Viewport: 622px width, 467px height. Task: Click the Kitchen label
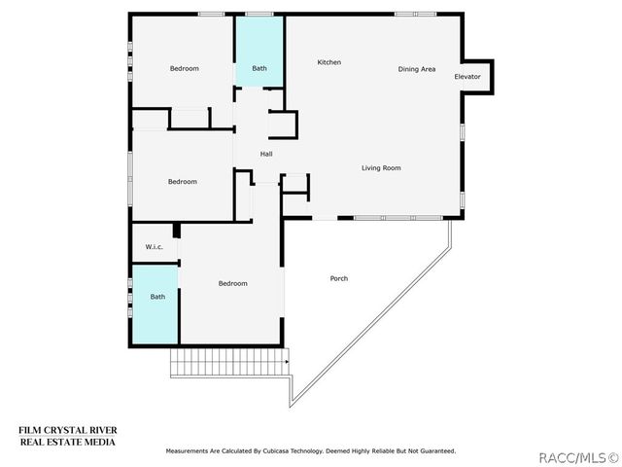[x=328, y=62]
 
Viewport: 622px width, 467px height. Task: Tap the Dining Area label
[x=417, y=69]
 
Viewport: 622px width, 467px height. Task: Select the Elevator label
[x=467, y=77]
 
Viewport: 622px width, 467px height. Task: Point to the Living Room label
[x=381, y=168]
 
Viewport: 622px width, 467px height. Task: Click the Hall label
[x=266, y=154]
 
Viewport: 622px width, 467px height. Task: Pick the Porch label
[x=339, y=279]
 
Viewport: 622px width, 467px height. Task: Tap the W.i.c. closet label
[x=154, y=247]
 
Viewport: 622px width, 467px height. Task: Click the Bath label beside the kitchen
[x=259, y=68]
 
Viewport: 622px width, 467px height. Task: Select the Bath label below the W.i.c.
[x=157, y=297]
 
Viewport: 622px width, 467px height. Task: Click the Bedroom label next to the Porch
[x=233, y=283]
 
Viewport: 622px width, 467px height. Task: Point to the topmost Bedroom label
[x=184, y=68]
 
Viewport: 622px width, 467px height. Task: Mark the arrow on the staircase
[x=287, y=362]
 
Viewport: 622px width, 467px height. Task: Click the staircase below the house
[x=229, y=363]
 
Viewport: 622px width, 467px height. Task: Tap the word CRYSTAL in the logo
[x=66, y=430]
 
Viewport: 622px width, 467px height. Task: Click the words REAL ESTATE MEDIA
[x=68, y=442]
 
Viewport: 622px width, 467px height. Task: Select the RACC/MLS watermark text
[x=578, y=458]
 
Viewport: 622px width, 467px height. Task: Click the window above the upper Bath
[x=259, y=15]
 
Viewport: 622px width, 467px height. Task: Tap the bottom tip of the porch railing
[x=291, y=407]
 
